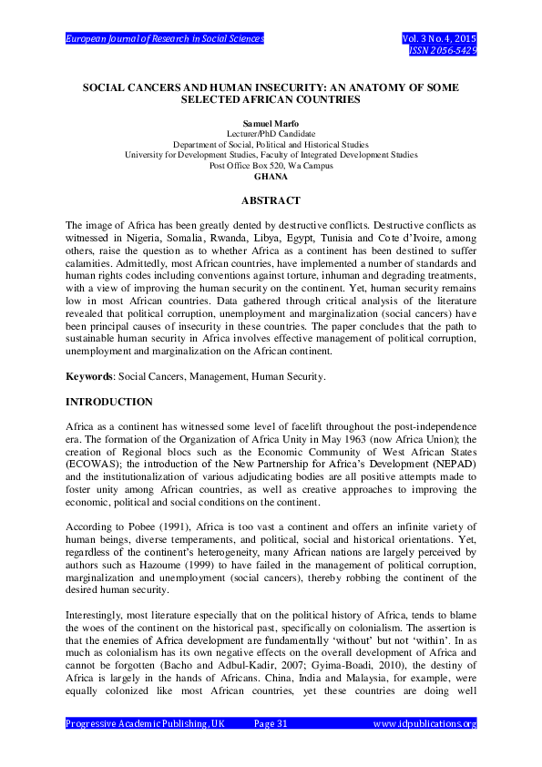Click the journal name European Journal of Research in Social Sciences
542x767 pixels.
[x=165, y=39]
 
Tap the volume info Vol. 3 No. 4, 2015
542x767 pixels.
[x=439, y=39]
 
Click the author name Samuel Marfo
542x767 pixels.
[x=271, y=124]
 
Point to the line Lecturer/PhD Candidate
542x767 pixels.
[x=271, y=134]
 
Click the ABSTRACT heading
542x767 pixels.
[x=271, y=199]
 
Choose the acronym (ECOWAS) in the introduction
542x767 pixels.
[x=92, y=474]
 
